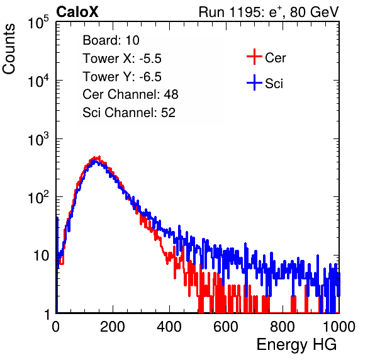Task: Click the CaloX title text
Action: pos(77,12)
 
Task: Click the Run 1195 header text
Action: pos(269,13)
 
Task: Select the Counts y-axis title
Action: pos(9,49)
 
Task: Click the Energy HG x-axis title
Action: pos(297,345)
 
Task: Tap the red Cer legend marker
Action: pos(254,57)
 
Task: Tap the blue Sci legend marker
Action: pos(254,83)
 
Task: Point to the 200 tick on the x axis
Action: pos(113,327)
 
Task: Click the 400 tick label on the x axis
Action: pos(169,327)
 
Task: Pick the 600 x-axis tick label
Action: pos(226,327)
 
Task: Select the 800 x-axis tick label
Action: pos(283,327)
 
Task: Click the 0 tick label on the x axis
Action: pos(56,327)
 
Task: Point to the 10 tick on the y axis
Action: pos(41,256)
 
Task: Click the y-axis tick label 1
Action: pos(47,314)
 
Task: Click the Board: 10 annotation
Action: pos(111,40)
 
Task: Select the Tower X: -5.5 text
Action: pos(122,59)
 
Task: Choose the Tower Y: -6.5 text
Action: pos(122,77)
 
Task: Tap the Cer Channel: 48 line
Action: pos(130,94)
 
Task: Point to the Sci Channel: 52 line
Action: pos(129,113)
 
